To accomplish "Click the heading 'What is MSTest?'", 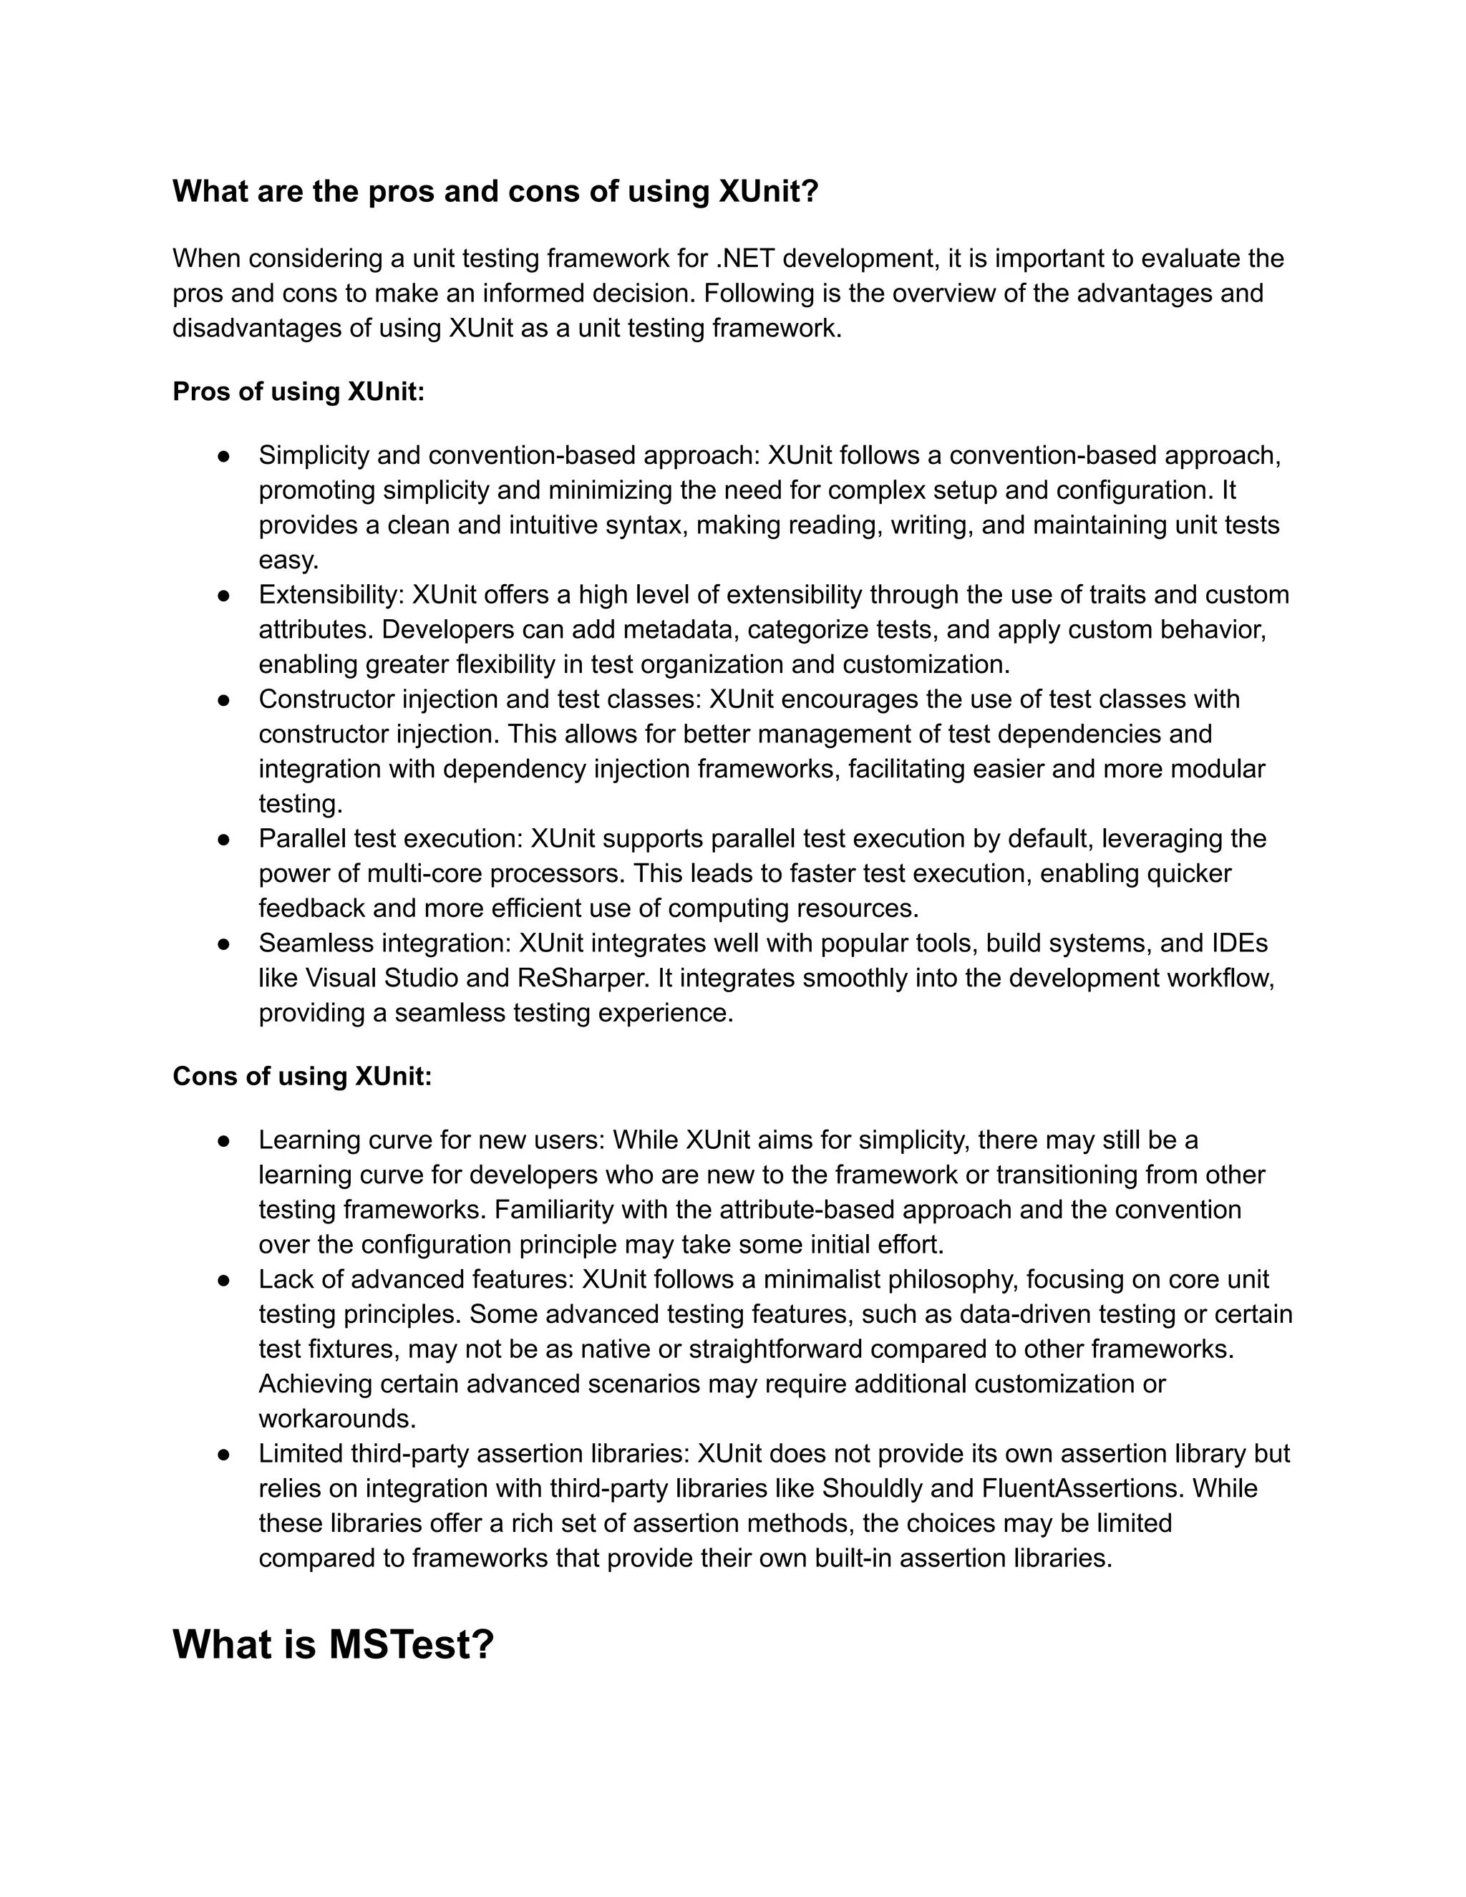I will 333,1644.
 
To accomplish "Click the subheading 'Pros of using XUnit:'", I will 298,392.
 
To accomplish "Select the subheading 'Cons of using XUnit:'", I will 301,1076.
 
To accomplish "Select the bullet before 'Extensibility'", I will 223,595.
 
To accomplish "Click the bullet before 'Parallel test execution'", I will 223,839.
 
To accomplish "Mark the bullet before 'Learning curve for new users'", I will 223,1140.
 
